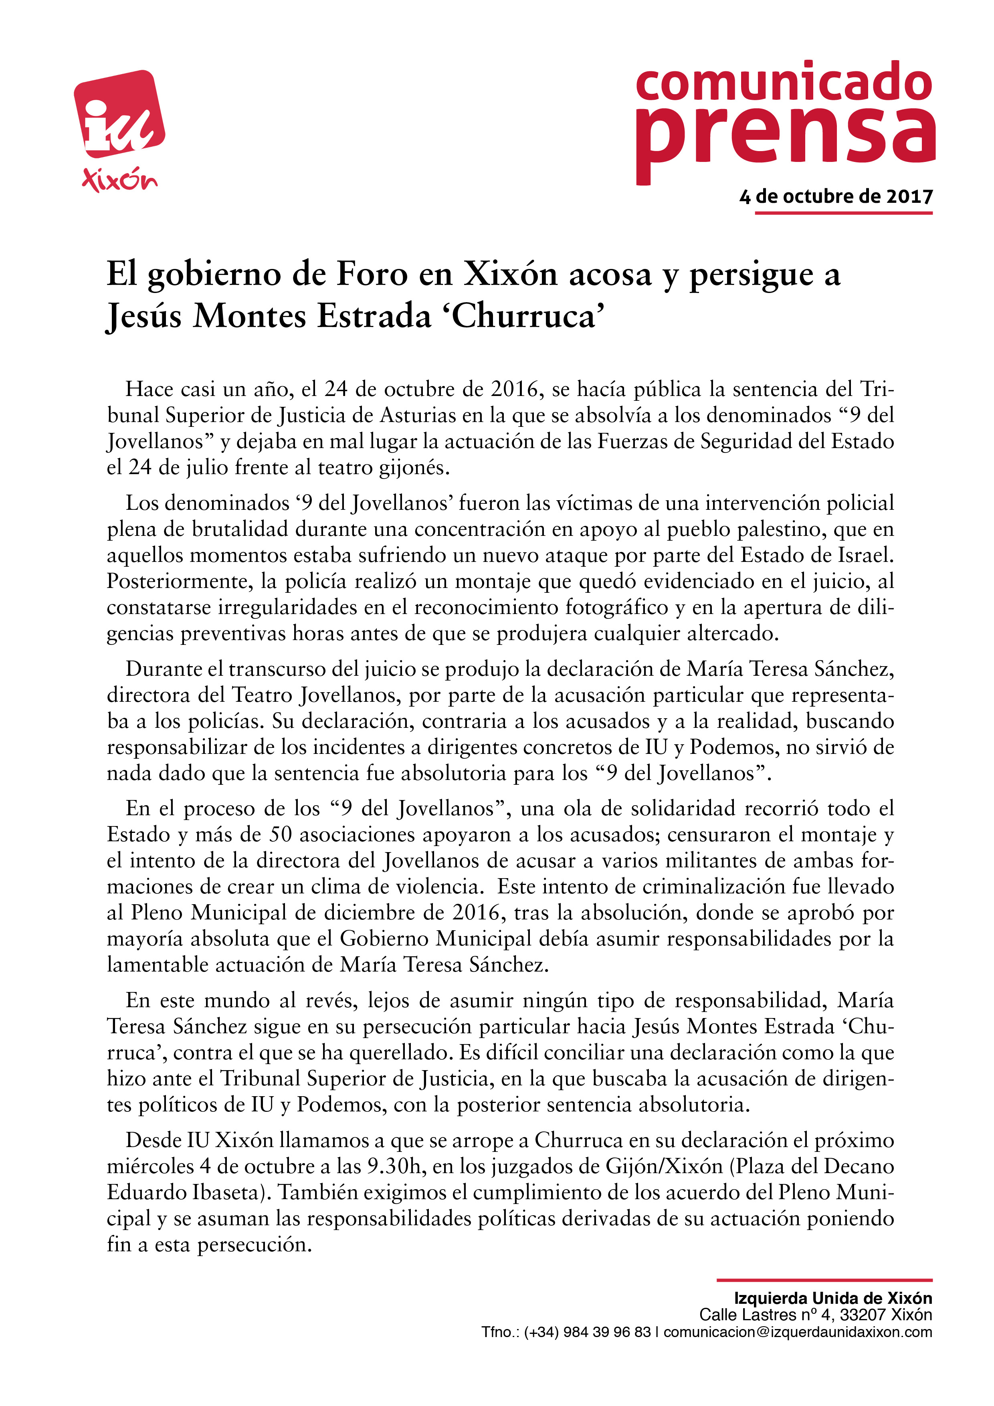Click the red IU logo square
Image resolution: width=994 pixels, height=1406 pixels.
click(119, 114)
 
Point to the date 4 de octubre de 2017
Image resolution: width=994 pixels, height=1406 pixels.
click(836, 196)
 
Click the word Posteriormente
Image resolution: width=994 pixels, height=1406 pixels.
click(180, 581)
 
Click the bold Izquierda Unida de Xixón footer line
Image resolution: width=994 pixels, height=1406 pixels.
click(833, 1298)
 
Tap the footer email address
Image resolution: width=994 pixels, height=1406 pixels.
click(798, 1332)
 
